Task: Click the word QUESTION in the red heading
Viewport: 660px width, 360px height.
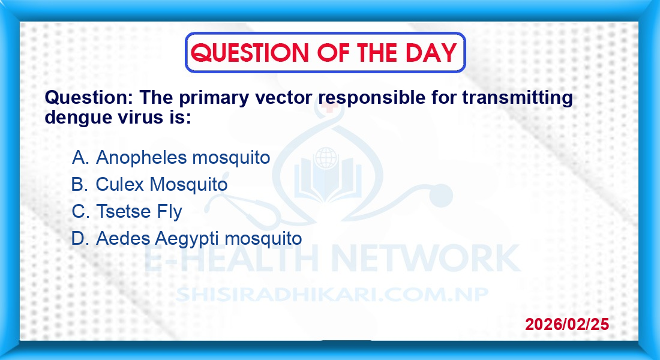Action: click(x=250, y=53)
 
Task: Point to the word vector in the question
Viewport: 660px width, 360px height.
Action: click(x=283, y=98)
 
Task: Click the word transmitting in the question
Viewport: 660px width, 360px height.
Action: click(x=517, y=98)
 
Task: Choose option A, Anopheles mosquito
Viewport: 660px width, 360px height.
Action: click(x=171, y=157)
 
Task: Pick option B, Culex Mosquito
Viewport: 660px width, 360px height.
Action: click(x=149, y=184)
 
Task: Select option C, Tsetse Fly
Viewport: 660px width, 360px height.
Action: click(x=127, y=211)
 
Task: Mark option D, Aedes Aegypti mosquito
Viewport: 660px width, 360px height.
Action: click(x=187, y=238)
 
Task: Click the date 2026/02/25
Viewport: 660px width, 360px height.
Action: click(x=567, y=324)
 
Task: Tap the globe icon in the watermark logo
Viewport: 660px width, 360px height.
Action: click(x=326, y=158)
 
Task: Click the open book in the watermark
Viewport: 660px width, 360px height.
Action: click(x=328, y=180)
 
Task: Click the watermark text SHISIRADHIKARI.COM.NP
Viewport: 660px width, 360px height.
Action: click(x=332, y=295)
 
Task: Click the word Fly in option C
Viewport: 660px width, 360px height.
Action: click(x=169, y=212)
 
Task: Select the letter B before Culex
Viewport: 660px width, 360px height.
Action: click(x=78, y=184)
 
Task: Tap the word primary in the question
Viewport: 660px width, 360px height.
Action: click(x=214, y=98)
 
